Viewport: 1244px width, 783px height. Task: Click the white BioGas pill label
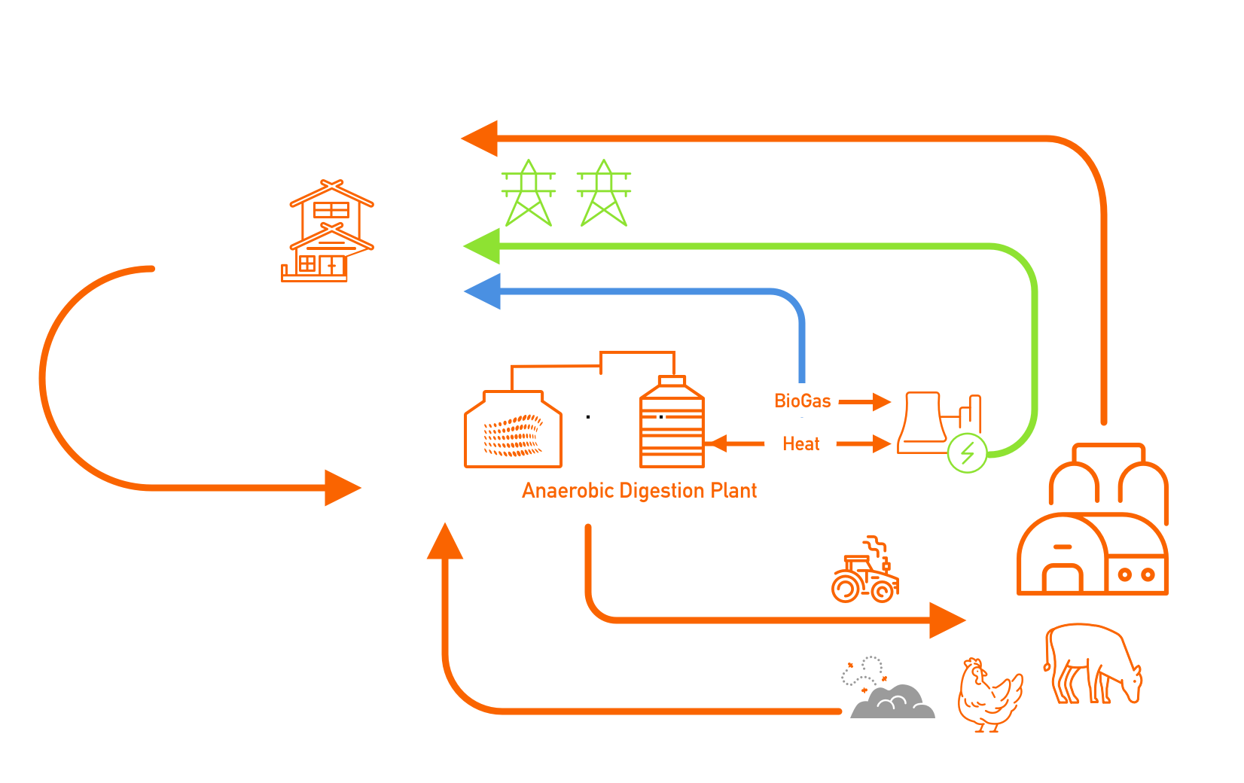pyautogui.click(x=802, y=401)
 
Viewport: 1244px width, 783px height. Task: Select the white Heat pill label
pyautogui.click(x=800, y=443)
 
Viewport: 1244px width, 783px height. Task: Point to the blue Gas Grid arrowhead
pyautogui.click(x=482, y=291)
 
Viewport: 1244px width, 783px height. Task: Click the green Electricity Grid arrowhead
pyautogui.click(x=482, y=246)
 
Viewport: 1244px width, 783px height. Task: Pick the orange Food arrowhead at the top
pyautogui.click(x=480, y=139)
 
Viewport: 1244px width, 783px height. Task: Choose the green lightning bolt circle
pyautogui.click(x=967, y=453)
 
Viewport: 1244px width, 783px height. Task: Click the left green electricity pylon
pyautogui.click(x=529, y=193)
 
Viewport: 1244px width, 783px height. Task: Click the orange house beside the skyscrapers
pyautogui.click(x=331, y=233)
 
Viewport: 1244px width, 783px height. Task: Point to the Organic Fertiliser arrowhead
pyautogui.click(x=947, y=620)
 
